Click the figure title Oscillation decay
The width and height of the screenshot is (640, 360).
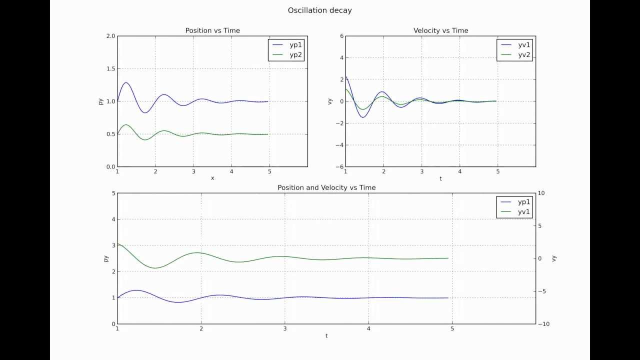(319, 10)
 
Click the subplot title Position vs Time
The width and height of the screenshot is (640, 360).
(212, 30)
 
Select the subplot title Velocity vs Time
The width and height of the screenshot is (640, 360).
(440, 30)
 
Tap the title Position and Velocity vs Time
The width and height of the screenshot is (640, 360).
(326, 187)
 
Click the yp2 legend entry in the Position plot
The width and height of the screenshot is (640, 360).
(295, 55)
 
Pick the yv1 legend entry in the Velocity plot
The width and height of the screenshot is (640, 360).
(523, 44)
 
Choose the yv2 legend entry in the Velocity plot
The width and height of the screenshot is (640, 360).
(523, 55)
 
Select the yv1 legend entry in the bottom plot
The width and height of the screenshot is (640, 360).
(523, 212)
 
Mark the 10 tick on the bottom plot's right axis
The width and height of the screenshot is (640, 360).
(542, 193)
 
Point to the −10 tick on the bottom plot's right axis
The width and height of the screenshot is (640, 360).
(544, 324)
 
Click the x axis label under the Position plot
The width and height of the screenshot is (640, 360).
(212, 178)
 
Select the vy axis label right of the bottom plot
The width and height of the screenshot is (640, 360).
(554, 258)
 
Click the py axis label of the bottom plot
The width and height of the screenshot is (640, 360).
(106, 258)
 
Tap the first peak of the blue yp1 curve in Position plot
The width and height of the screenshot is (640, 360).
(126, 83)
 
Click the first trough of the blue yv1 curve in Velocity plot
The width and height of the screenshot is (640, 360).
(363, 117)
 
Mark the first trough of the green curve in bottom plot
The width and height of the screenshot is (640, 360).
(155, 268)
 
